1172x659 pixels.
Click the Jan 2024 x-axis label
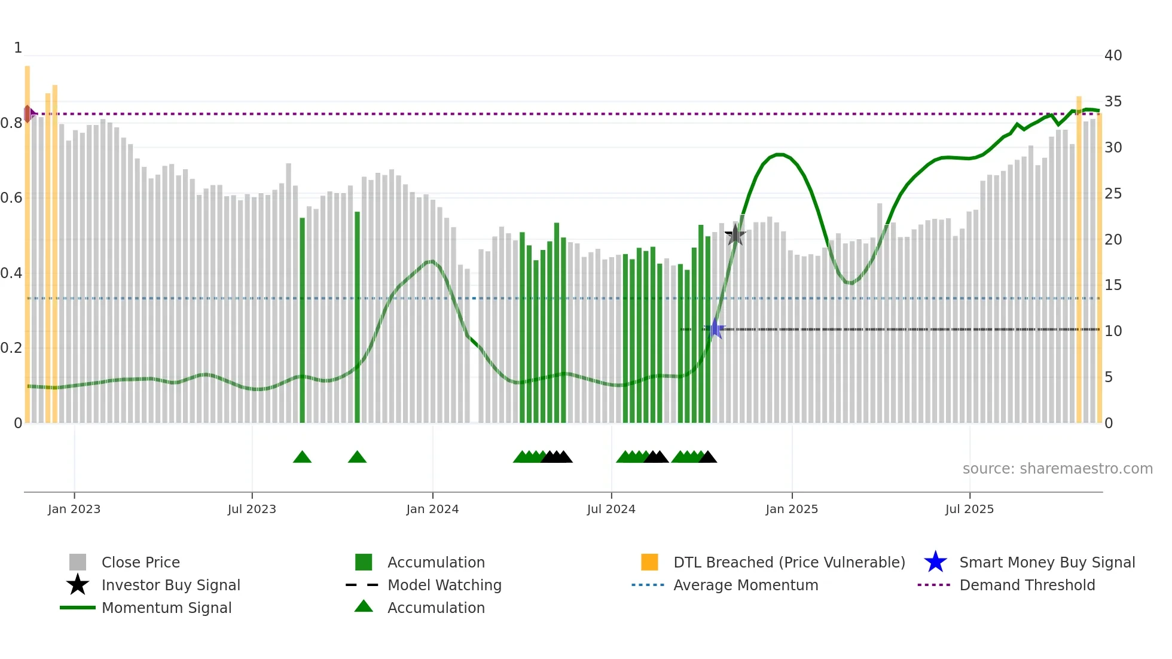(432, 509)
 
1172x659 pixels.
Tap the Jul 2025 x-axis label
(969, 509)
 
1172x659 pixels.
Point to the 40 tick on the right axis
(1113, 56)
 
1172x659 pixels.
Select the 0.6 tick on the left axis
(11, 198)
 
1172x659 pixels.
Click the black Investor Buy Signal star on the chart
(735, 235)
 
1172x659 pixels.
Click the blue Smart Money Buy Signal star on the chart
(715, 329)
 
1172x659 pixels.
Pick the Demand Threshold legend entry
(1027, 585)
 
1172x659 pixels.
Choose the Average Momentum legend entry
(745, 585)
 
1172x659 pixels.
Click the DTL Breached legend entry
(789, 562)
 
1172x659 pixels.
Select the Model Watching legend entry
(444, 585)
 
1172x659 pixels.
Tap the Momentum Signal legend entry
(166, 608)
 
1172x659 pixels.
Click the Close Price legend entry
(141, 562)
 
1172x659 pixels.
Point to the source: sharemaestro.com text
(1057, 469)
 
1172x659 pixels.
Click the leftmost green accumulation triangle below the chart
(302, 457)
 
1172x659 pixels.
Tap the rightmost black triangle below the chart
(708, 457)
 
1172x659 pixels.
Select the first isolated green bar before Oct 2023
(302, 320)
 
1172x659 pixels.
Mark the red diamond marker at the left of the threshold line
(28, 114)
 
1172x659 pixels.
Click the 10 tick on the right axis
(1113, 331)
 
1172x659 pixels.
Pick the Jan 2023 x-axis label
(74, 509)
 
